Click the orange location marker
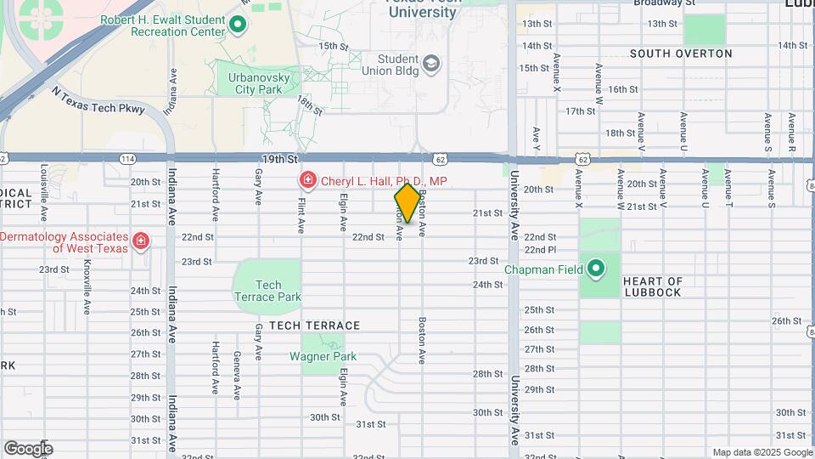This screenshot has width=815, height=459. pos(407,203)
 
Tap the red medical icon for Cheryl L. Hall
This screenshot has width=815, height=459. pos(307,180)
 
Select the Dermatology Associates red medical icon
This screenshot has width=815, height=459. pos(141,241)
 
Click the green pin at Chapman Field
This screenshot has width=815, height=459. pos(597,269)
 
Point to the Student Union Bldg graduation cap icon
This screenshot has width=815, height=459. pos(431,64)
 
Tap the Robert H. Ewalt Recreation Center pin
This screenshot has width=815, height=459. pos(239,25)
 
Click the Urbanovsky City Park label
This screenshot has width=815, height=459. pos(259,82)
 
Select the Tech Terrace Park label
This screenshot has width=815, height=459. pos(267,291)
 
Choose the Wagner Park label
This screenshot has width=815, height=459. pos(323,357)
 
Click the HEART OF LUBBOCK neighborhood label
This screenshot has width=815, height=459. pos(652,286)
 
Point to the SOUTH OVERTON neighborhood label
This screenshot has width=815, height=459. pos(681,54)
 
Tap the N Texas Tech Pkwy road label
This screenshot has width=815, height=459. pos(98,100)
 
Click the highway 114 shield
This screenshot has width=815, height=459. pos(127,159)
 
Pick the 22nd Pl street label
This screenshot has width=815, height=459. pos(540,250)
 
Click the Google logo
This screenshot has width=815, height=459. pos(28,448)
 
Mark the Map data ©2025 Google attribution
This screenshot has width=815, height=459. pos(762,452)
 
